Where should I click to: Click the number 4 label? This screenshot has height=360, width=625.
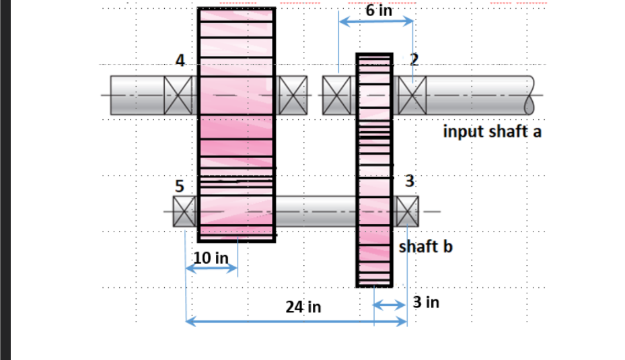point(180,60)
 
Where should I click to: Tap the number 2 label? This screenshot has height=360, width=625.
point(414,59)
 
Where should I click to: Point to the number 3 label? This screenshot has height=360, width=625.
point(410,181)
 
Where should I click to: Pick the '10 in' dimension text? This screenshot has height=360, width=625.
point(211,257)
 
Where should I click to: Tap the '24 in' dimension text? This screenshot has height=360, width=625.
point(303,308)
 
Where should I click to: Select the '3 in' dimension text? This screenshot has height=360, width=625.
point(426,302)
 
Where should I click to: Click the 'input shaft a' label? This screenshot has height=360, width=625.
point(492,131)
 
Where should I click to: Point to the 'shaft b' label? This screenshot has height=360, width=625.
point(426,246)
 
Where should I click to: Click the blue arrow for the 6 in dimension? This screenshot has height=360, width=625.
point(375,22)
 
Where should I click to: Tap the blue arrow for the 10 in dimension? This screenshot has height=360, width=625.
point(211,268)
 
